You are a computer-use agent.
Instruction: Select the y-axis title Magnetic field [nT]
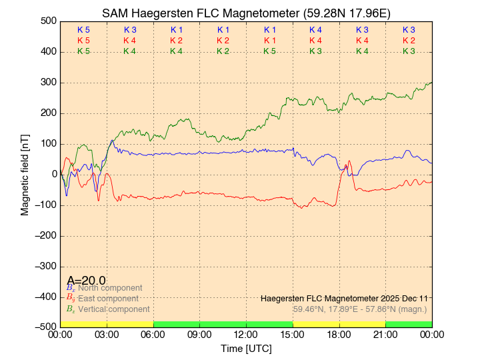click(x=25, y=174)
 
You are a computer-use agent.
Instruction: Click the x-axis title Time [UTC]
click(x=246, y=349)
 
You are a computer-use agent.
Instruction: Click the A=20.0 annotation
click(x=86, y=280)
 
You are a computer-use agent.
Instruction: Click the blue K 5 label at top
click(x=83, y=30)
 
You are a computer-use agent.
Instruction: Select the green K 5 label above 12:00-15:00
click(x=269, y=51)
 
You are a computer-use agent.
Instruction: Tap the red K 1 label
click(x=269, y=41)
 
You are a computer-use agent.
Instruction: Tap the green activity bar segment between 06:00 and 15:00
click(x=223, y=324)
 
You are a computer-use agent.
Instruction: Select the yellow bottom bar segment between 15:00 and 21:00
click(x=339, y=324)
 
